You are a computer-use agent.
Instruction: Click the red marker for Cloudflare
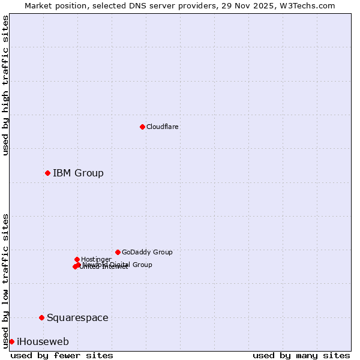(142, 127)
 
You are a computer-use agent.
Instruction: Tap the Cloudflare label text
(162, 127)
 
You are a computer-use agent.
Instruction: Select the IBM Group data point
(47, 173)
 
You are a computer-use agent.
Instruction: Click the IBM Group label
(78, 173)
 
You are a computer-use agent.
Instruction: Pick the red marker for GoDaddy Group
(118, 252)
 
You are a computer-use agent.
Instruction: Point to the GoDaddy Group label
(147, 252)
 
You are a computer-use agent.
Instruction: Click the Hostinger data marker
(77, 259)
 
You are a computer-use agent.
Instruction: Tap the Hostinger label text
(96, 259)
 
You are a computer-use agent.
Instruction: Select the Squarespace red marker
(41, 317)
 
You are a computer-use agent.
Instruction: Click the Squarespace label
(77, 317)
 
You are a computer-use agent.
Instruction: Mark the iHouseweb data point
(11, 341)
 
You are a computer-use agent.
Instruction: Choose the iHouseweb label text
(43, 342)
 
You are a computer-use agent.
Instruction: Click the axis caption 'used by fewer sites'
(62, 355)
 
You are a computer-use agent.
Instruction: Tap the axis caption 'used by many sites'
(301, 355)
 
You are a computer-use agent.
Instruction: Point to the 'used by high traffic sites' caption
(6, 85)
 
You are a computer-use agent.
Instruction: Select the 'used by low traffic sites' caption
(6, 281)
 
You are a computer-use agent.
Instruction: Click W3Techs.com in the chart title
(310, 5)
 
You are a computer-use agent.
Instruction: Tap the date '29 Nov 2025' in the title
(256, 5)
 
